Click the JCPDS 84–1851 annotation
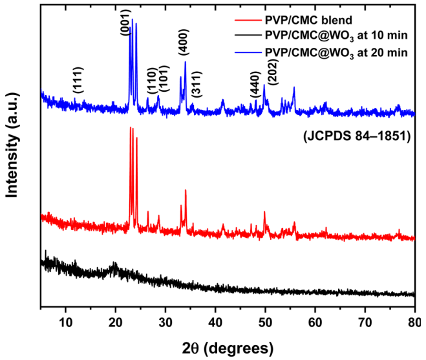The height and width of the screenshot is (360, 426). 357,136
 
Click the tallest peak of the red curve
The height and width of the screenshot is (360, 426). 131,128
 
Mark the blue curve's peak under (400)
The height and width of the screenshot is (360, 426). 186,61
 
